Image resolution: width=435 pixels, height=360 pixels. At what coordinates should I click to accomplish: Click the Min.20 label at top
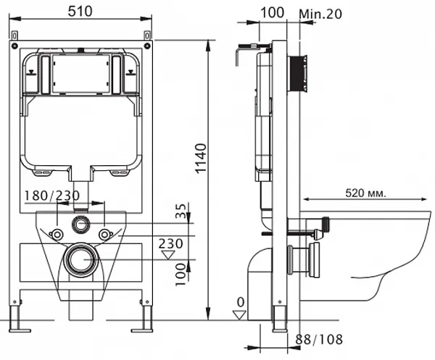[319, 13]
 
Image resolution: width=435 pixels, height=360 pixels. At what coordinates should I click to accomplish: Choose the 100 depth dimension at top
[271, 13]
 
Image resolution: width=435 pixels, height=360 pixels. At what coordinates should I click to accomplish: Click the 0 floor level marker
[239, 302]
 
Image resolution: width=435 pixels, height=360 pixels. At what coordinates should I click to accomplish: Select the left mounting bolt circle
[56, 234]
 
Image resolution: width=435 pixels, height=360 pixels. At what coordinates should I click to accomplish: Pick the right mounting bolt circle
[105, 234]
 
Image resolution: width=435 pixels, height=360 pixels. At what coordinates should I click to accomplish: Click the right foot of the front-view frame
[146, 317]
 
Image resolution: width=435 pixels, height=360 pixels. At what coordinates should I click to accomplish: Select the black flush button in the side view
[297, 75]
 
